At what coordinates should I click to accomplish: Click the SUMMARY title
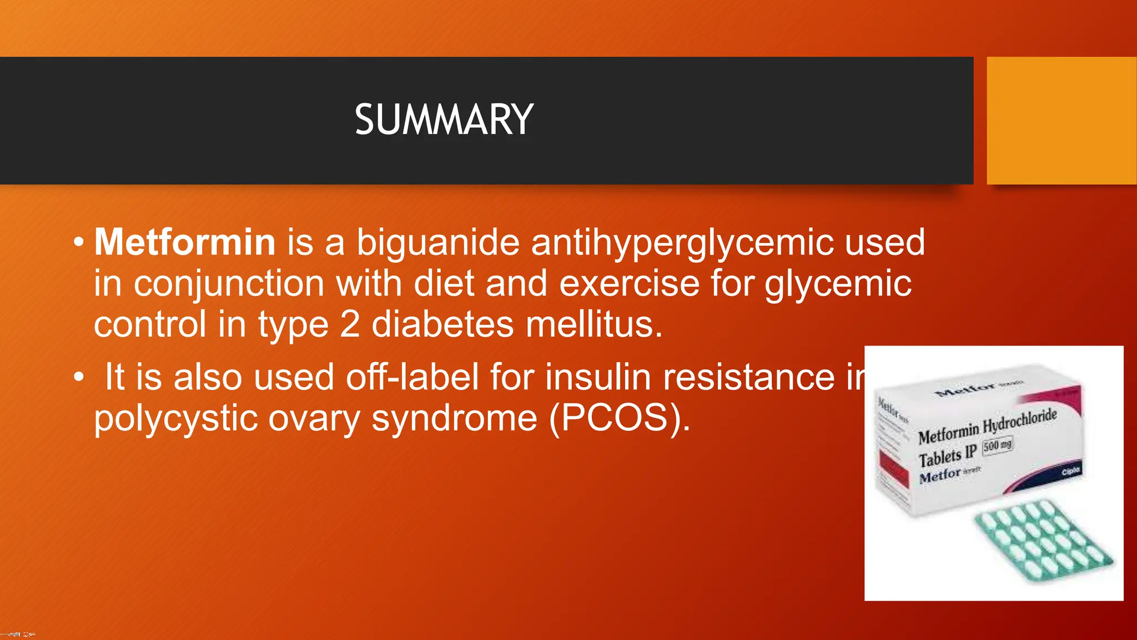444,120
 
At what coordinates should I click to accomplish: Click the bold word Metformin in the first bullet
185,242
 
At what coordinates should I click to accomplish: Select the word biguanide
437,242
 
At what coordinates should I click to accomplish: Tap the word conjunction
229,284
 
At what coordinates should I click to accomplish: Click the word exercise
629,283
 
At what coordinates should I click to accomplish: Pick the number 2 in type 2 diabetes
349,324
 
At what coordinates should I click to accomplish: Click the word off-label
412,377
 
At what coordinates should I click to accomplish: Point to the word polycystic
175,418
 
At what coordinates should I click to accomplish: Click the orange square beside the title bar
1061,120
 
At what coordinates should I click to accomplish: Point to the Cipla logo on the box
1071,472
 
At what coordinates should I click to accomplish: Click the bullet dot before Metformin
79,243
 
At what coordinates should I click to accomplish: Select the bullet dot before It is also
79,378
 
